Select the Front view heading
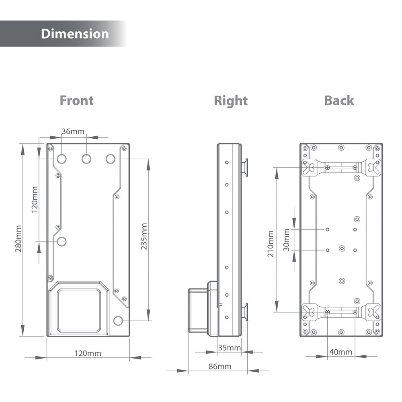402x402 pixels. (76, 100)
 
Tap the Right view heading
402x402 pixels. (230, 100)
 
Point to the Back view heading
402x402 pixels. (339, 100)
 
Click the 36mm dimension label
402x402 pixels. (73, 131)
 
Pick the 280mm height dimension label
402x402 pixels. (18, 239)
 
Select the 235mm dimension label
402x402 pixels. (144, 237)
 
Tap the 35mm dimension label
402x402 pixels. (229, 348)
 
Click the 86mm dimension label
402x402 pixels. (219, 366)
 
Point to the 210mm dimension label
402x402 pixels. (270, 244)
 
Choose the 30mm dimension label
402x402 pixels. (286, 240)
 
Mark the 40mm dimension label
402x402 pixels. (340, 352)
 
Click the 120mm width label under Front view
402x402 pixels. (88, 353)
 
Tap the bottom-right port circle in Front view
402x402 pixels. (118, 321)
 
